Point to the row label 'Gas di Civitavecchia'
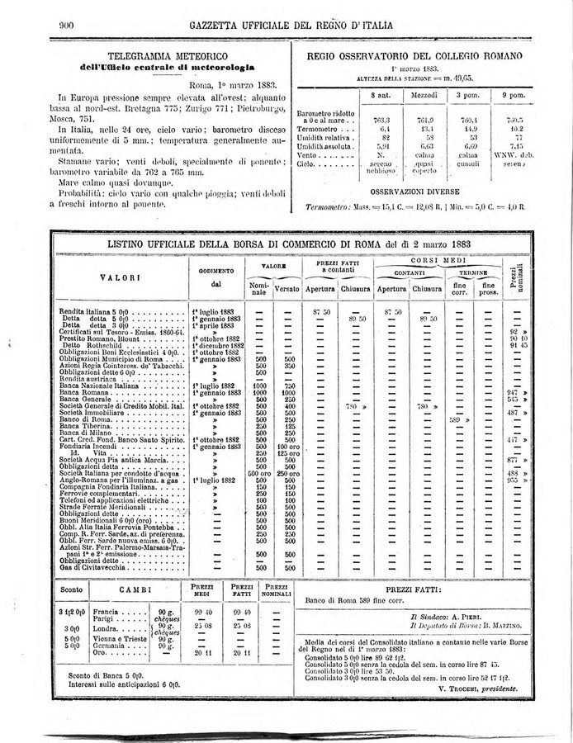pos(97,567)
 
